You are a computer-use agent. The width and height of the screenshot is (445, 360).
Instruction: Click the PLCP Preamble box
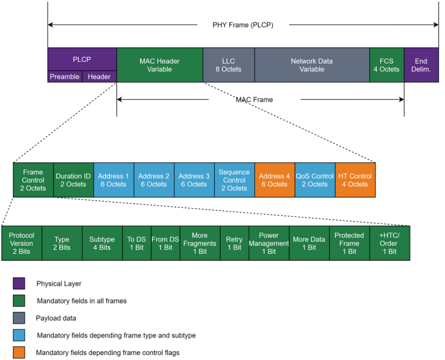coord(65,77)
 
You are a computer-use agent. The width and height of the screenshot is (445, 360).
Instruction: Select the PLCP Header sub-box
coord(99,77)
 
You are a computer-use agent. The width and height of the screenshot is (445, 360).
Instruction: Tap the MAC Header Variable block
coord(159,65)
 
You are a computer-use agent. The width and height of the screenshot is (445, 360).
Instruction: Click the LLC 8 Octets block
coord(228,65)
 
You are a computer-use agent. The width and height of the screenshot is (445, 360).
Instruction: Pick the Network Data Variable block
coord(312,65)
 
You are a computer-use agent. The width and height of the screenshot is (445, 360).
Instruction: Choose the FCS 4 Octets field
coord(387,65)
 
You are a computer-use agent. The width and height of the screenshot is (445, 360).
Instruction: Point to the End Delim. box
coord(421,65)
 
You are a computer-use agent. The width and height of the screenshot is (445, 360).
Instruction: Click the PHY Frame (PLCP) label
coord(243,25)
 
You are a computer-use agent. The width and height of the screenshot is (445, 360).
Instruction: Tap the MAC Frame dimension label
coord(254,100)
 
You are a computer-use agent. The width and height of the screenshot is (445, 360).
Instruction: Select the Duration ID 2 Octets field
coord(73,180)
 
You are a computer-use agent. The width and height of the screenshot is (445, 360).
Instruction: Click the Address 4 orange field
coord(275,180)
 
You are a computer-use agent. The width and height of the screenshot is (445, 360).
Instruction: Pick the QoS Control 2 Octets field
coord(315,180)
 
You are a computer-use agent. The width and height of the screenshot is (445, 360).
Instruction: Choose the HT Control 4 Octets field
coord(355,180)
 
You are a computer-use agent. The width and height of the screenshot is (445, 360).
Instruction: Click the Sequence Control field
coord(234,180)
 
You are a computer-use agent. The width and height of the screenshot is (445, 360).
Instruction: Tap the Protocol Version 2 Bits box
coord(22,243)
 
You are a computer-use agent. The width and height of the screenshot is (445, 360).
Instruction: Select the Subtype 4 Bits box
coord(102,243)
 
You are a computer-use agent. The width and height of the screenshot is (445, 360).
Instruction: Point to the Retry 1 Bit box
coord(234,243)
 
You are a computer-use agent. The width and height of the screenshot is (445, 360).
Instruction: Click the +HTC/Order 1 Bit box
coord(389,243)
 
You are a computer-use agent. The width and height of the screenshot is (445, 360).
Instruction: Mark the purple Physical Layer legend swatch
coord(19,284)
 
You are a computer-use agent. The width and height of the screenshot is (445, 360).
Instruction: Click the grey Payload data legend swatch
coord(19,318)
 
